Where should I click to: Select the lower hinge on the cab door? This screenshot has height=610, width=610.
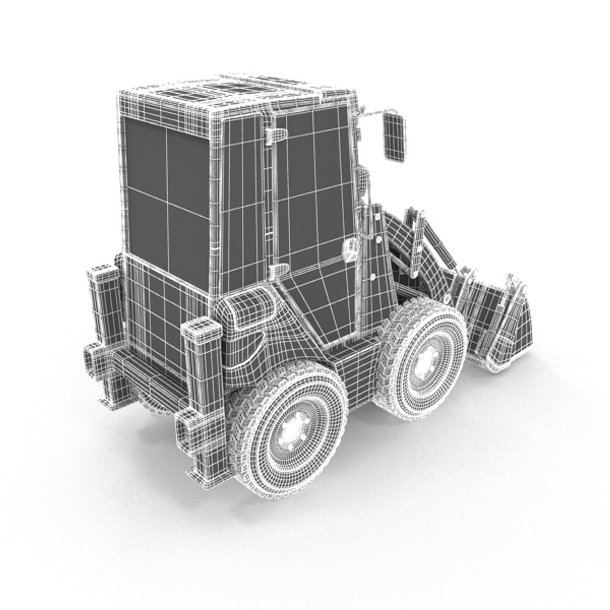279,270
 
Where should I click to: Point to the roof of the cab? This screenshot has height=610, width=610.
237,93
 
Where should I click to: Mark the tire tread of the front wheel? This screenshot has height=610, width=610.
395,339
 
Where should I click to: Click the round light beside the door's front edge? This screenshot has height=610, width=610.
351,249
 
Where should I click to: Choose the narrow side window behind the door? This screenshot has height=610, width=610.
242,203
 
